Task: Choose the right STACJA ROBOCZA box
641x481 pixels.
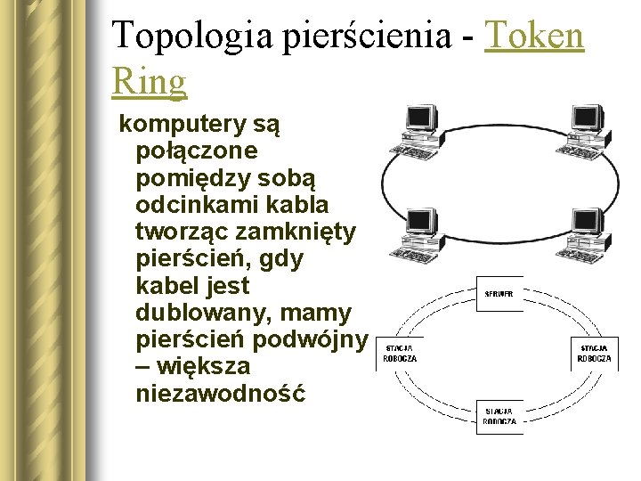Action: coord(595,353)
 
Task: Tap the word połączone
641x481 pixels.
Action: coord(196,151)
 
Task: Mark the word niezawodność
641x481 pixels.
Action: coord(220,393)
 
